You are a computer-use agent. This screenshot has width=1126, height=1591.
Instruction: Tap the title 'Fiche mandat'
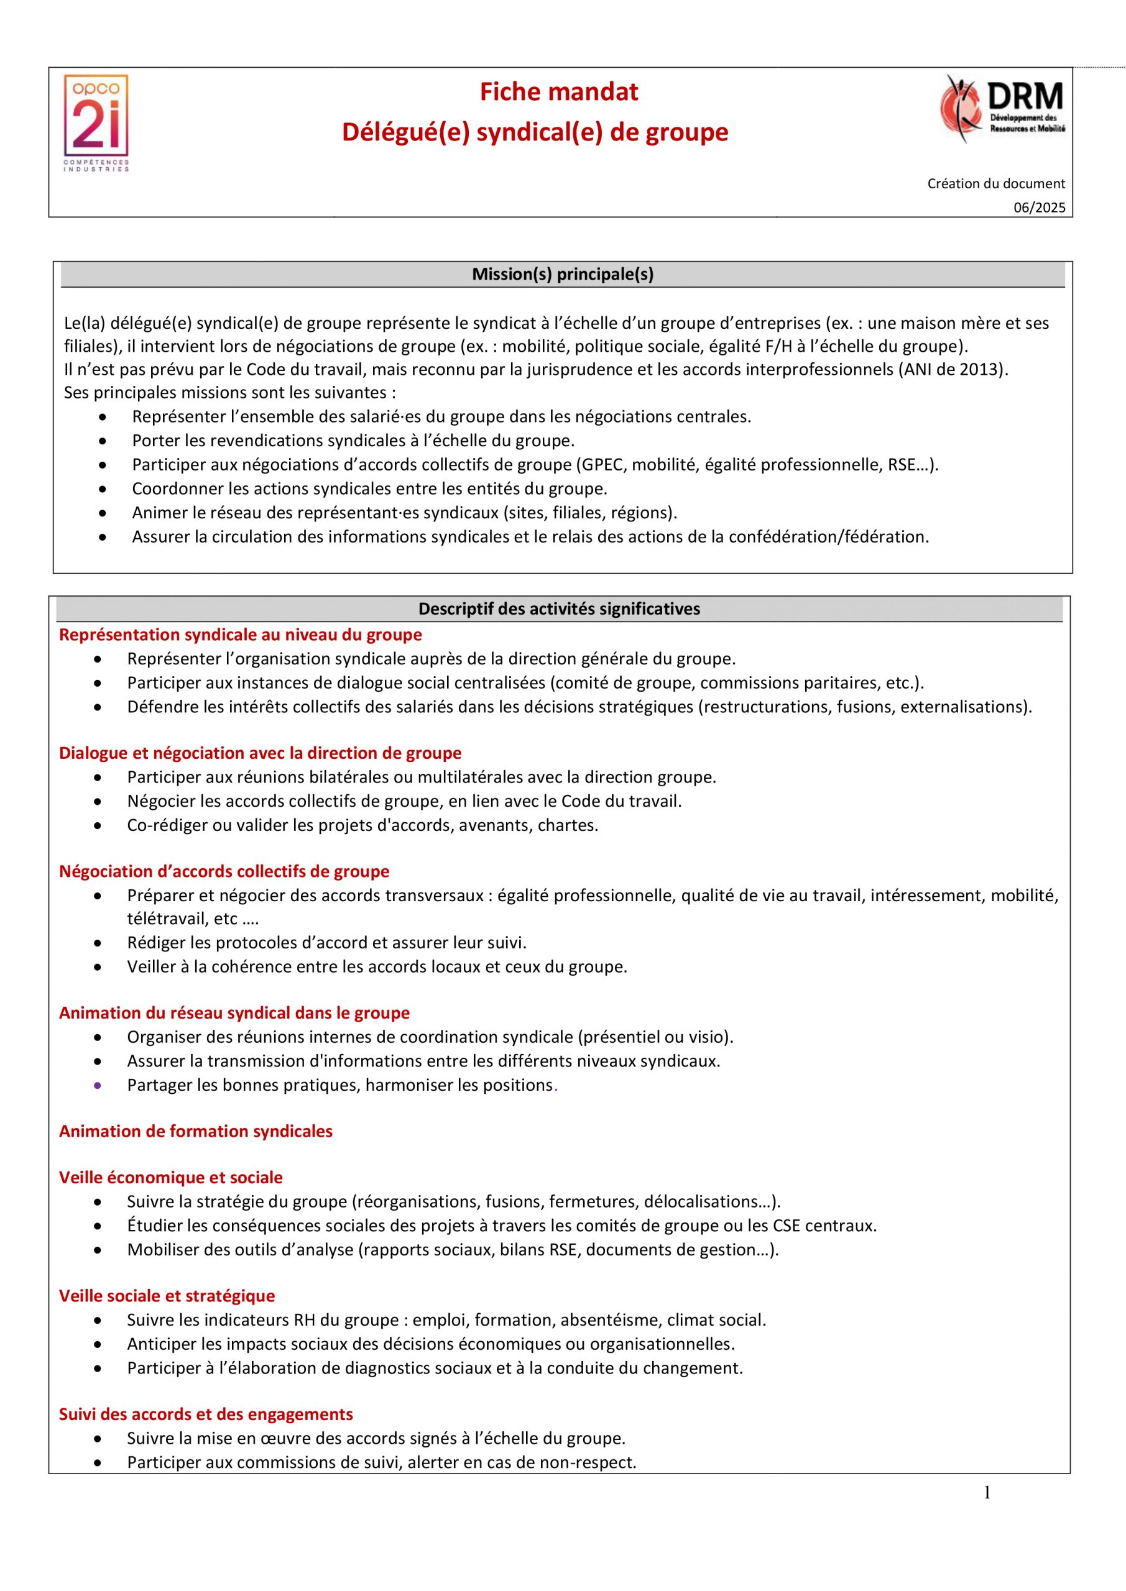click(559, 92)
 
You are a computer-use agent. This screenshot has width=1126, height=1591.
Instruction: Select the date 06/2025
click(1040, 208)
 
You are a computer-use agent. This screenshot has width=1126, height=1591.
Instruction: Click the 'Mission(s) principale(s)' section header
click(562, 275)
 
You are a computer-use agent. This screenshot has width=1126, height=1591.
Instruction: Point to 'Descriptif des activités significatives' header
click(559, 609)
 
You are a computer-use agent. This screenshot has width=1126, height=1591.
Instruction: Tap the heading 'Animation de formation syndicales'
click(195, 1132)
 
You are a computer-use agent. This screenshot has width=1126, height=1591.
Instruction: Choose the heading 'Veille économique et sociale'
click(170, 1177)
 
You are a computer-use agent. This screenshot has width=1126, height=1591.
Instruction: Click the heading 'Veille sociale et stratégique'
click(167, 1296)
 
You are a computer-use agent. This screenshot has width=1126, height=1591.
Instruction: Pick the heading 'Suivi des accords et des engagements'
click(206, 1414)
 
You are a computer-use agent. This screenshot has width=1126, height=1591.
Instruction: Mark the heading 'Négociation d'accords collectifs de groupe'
click(224, 872)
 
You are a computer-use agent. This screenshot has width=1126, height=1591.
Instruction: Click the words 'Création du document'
click(995, 183)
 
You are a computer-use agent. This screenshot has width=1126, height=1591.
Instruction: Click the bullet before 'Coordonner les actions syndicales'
click(103, 489)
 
